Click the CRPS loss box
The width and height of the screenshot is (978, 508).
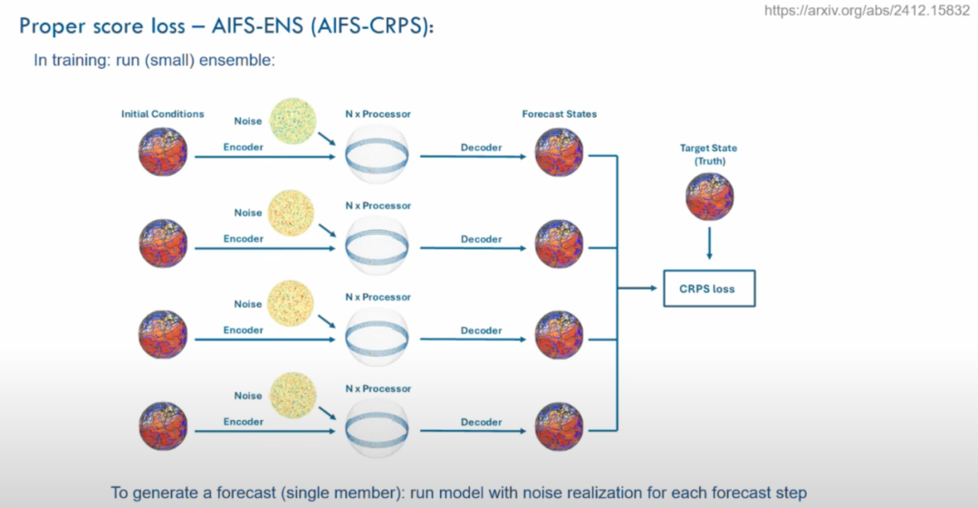[708, 289]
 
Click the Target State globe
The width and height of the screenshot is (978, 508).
[709, 196]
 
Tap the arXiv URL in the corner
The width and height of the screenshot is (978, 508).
[867, 11]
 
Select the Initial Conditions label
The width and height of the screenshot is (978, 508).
[163, 114]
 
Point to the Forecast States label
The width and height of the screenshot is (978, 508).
[559, 114]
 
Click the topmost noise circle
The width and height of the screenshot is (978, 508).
[293, 121]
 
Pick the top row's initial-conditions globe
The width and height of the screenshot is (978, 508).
[163, 152]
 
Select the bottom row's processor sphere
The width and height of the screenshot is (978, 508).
[377, 427]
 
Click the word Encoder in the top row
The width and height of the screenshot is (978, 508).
[244, 147]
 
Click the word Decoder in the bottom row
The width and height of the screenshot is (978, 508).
[481, 422]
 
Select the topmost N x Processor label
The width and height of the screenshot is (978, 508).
[378, 114]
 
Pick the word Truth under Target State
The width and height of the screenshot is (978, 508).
[709, 161]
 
